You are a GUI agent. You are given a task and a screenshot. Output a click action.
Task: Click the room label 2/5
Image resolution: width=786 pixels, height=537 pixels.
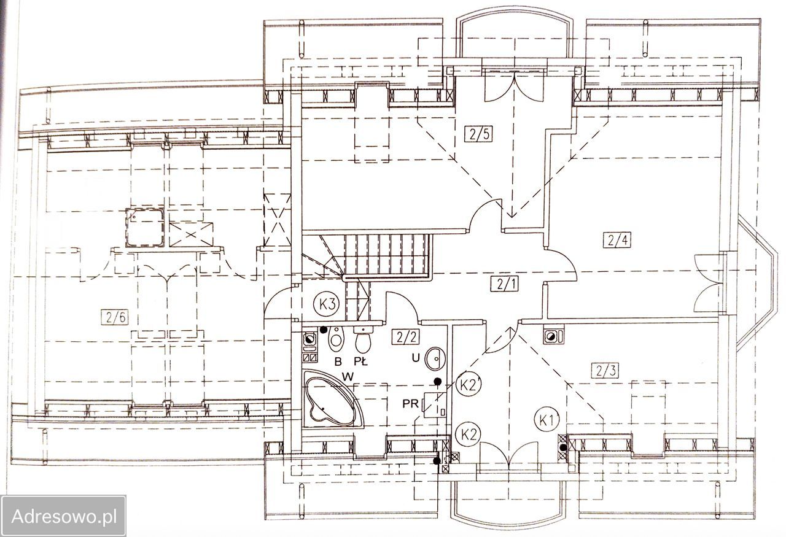(478, 134)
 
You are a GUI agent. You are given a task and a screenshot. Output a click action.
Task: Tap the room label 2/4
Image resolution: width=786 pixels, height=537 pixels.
(617, 240)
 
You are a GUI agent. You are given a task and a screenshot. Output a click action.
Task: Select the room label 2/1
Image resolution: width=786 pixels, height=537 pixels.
(504, 284)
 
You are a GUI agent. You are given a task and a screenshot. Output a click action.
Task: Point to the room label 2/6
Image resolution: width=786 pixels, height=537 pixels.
(114, 317)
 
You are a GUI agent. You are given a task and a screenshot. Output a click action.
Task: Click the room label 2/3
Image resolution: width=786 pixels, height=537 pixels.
(605, 370)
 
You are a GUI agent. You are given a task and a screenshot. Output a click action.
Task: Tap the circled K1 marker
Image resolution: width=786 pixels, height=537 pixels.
(547, 420)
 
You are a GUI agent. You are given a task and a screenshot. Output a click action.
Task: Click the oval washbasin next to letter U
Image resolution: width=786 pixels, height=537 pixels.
(435, 358)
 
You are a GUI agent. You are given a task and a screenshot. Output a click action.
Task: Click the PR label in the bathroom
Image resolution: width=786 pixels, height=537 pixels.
(410, 404)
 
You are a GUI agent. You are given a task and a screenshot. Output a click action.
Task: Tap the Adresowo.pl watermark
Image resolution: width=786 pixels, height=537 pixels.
(64, 517)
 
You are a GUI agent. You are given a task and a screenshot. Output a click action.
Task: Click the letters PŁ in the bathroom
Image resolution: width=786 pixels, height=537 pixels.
(360, 361)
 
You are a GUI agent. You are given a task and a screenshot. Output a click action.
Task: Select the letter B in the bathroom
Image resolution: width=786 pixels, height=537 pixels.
(338, 361)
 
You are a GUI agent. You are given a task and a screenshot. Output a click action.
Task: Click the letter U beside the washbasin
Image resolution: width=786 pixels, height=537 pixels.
(416, 358)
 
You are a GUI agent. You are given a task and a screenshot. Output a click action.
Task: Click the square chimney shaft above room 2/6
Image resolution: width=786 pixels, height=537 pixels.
(145, 227)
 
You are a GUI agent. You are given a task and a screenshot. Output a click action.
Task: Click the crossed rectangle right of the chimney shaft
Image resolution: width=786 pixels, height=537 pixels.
(191, 234)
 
